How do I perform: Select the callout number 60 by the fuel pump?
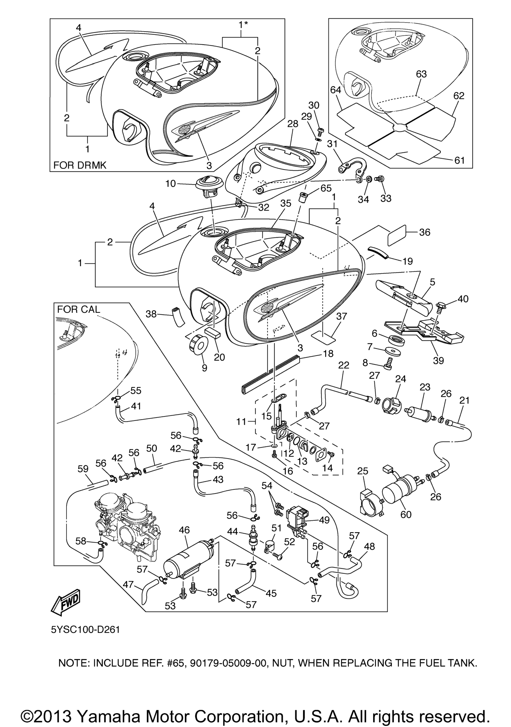click(x=406, y=514)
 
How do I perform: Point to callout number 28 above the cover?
click(x=293, y=124)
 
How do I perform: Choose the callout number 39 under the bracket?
click(x=438, y=360)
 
